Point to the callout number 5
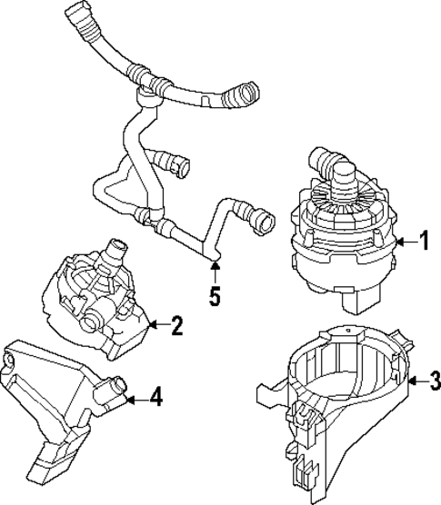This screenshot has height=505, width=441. point(215,296)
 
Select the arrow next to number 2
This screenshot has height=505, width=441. point(156,324)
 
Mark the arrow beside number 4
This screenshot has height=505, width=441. point(135,397)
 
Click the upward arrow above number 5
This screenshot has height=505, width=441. point(215,269)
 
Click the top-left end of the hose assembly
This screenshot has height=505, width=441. point(74,14)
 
